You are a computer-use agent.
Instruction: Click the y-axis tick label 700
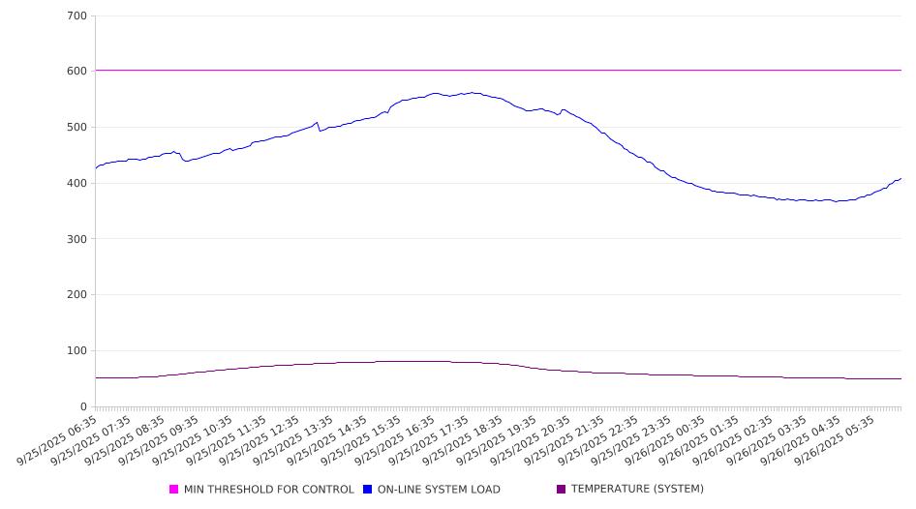77,16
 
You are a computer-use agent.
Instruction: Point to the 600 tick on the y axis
77,72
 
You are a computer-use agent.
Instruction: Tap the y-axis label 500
77,128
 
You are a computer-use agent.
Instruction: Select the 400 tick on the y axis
77,184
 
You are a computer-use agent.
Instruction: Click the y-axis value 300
77,239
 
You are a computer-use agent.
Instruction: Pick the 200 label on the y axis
77,295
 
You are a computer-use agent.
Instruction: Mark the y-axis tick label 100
77,351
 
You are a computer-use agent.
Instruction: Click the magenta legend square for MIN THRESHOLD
174,490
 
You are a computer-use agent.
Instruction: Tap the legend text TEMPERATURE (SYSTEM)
637,490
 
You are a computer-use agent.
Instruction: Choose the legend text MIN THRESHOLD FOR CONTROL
269,490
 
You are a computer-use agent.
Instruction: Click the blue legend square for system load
368,490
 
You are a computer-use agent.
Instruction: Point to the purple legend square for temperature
562,490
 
